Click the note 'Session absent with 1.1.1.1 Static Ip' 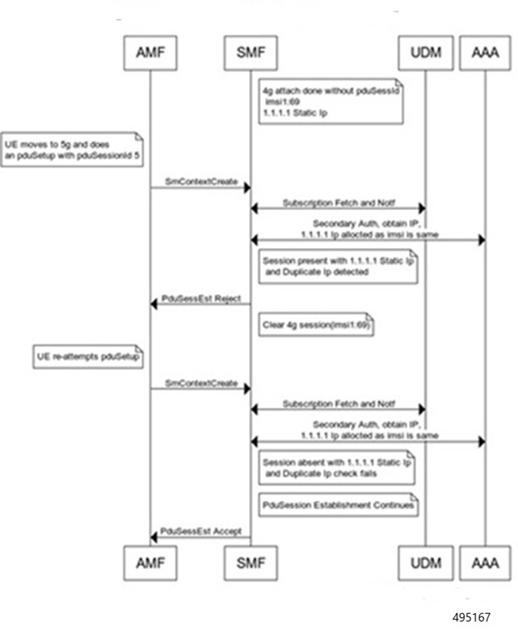click(338, 468)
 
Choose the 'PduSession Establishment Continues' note click(339, 505)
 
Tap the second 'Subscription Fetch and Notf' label click(336, 402)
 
